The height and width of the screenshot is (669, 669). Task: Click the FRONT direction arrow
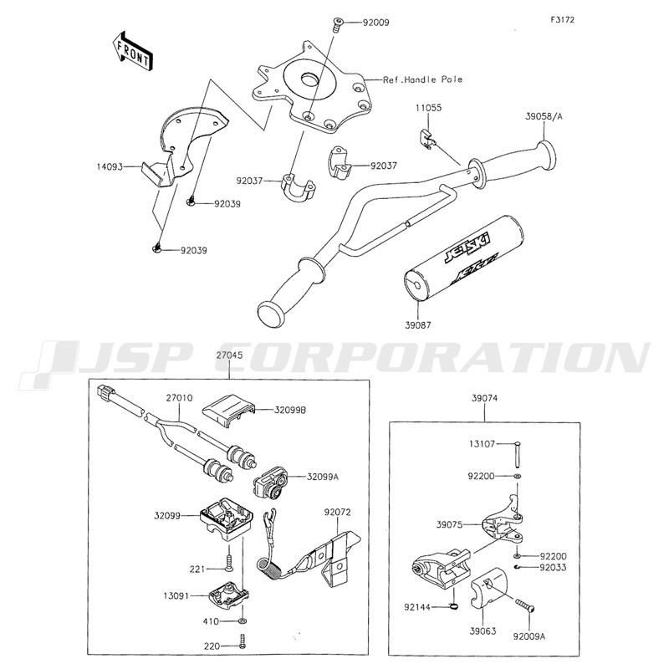pos(132,50)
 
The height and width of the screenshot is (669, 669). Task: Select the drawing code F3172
pos(562,19)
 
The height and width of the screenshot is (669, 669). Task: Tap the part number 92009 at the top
pos(375,23)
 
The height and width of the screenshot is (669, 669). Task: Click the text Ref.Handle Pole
pos(422,79)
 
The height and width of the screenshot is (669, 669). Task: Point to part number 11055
pos(429,108)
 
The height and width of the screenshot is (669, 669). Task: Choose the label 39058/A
pos(544,116)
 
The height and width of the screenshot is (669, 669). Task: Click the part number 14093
pos(110,166)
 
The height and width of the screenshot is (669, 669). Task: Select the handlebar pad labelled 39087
pos(462,258)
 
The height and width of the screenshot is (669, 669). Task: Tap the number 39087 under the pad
pos(417,325)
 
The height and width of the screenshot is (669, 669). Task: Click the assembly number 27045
pos(229,355)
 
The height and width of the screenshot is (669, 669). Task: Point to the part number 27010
pos(179,398)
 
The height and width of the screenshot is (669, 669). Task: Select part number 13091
pos(176,595)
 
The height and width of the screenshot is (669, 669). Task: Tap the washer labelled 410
pos(243,619)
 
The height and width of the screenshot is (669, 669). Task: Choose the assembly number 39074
pos(485,399)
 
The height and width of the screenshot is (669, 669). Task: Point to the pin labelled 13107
pos(517,455)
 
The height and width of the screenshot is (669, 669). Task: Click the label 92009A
pos(529,636)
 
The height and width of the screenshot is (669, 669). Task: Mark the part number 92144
pos(417,606)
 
